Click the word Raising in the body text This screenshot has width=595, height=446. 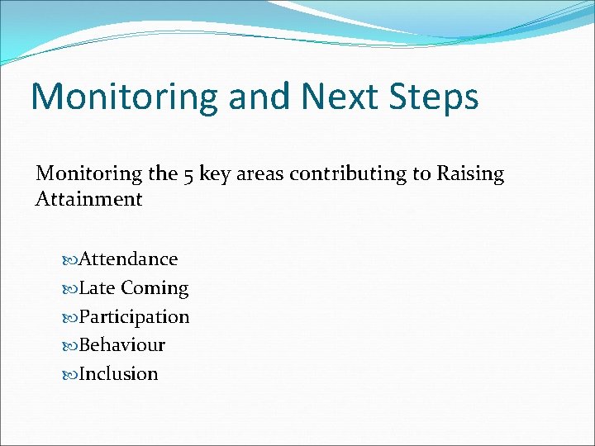pyautogui.click(x=470, y=174)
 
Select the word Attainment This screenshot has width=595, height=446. pyautogui.click(x=89, y=199)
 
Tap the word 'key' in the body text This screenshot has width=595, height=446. pyautogui.click(x=217, y=174)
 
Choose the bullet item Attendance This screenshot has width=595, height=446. pyautogui.click(x=128, y=259)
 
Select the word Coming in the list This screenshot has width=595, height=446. pyautogui.click(x=155, y=289)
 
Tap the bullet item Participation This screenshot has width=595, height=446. pyautogui.click(x=134, y=317)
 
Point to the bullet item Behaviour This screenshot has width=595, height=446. pyautogui.click(x=121, y=345)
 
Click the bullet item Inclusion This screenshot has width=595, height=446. pyautogui.click(x=118, y=374)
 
